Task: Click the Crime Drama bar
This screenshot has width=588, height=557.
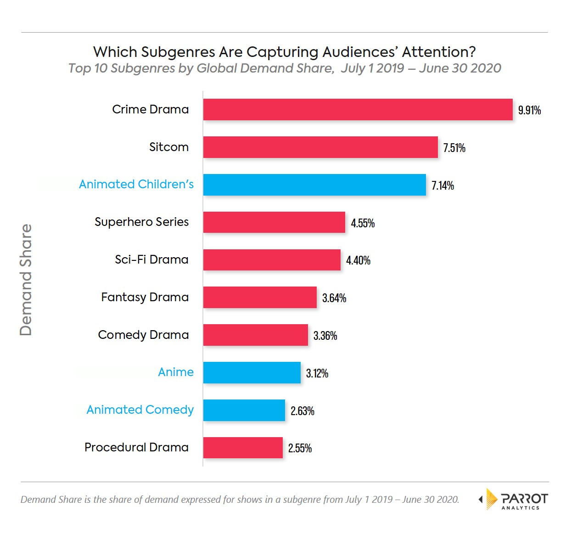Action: [358, 109]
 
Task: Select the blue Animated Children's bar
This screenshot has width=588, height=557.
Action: [314, 185]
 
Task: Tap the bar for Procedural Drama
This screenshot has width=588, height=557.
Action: [243, 447]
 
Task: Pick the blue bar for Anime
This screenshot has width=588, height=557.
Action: [252, 372]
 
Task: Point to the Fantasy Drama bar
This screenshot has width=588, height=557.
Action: [260, 297]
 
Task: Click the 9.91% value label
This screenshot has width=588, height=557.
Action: [529, 110]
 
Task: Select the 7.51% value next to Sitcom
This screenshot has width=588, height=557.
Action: [454, 148]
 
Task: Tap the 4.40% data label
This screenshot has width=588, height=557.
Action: [358, 260]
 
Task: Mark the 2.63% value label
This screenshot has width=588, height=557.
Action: [302, 411]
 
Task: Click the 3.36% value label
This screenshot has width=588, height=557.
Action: [325, 336]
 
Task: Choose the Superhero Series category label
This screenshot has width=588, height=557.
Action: [141, 222]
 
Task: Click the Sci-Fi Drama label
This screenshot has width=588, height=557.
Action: [151, 259]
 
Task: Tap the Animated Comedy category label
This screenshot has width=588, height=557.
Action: [140, 410]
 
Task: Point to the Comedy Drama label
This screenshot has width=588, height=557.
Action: [143, 335]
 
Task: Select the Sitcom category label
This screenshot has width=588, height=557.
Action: [169, 147]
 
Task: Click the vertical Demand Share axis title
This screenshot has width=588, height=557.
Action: [26, 280]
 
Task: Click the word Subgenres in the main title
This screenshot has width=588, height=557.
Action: [178, 52]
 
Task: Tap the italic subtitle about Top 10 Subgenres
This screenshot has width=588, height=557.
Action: [285, 68]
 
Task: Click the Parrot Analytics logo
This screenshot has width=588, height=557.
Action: [513, 499]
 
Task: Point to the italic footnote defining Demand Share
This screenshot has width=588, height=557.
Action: [240, 500]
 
